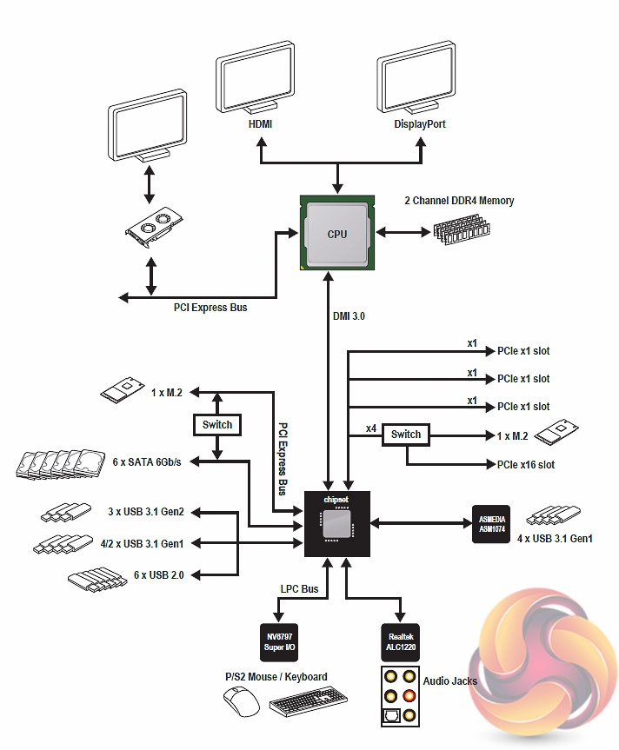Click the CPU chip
336,233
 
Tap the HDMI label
260,124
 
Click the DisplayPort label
420,124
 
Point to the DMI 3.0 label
349,316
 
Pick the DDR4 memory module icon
461,232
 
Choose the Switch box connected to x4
406,435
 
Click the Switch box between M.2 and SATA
217,425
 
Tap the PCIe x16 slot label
525,465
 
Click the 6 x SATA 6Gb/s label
145,462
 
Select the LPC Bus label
299,589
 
